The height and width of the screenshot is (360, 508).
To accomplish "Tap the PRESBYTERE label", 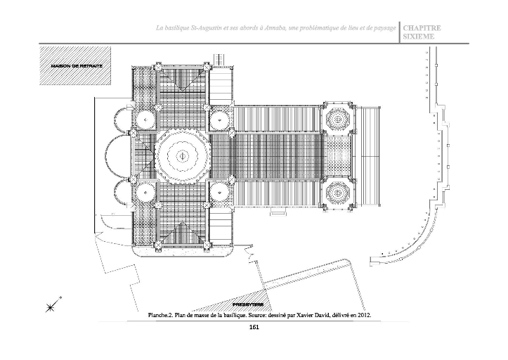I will point(248,303).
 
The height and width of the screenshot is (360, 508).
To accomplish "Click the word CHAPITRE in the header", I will point(422,29).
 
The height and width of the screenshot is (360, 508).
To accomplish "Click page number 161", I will point(254,328).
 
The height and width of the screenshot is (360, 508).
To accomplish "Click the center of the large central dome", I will point(181,155).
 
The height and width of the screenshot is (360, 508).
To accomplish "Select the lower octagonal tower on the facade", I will point(338,192).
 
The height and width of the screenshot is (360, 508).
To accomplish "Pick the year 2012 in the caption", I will point(362,316).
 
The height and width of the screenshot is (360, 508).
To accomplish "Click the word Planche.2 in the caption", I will point(160,316).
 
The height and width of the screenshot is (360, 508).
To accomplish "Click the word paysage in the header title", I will point(382,27).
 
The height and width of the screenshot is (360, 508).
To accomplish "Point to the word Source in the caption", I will point(259,316).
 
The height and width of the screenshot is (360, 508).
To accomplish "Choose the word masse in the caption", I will point(198,316).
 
